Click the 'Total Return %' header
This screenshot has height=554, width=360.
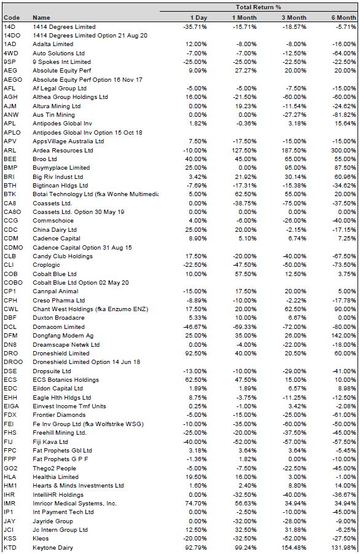click(x=259, y=7)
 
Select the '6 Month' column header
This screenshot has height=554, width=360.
click(x=343, y=18)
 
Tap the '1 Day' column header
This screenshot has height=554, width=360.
click(x=198, y=18)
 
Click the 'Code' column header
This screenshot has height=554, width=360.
click(x=12, y=18)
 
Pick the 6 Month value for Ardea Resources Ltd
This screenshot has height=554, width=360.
click(x=343, y=150)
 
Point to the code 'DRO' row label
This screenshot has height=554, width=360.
click(x=10, y=354)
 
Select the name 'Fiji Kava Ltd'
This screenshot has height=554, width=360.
click(x=50, y=441)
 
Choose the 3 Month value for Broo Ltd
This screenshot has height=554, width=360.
click(x=295, y=159)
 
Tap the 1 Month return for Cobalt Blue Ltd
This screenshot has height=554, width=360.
click(x=246, y=274)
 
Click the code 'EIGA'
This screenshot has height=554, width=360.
click(x=11, y=406)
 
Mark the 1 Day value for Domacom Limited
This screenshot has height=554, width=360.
click(x=195, y=327)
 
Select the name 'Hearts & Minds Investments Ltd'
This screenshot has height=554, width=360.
click(x=78, y=486)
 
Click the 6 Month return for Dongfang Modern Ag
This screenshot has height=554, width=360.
click(x=343, y=336)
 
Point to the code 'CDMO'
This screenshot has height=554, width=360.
click(x=13, y=247)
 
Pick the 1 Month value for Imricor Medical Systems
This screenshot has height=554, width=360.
click(x=246, y=504)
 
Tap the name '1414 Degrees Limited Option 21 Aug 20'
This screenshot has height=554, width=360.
click(x=90, y=35)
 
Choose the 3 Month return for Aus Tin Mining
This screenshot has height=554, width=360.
click(x=294, y=115)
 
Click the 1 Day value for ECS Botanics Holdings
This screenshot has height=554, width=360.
click(x=196, y=380)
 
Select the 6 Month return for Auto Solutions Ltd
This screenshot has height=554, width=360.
click(x=344, y=53)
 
